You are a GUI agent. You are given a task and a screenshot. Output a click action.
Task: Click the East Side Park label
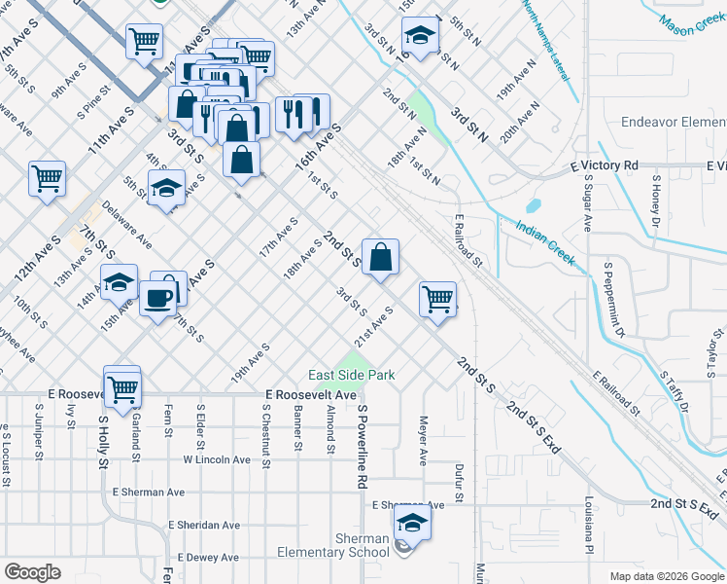pyautogui.click(x=351, y=376)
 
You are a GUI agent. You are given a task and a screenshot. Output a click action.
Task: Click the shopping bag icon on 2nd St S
pyautogui.click(x=382, y=258)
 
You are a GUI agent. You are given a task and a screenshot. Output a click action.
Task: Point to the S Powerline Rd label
pyautogui.click(x=362, y=449)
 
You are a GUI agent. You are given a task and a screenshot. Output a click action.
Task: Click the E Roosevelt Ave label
pyautogui.click(x=311, y=395)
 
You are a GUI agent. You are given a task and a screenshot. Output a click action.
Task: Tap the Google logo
pyautogui.click(x=32, y=572)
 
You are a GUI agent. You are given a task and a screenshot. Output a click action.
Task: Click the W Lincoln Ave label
pyautogui.click(x=217, y=459)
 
